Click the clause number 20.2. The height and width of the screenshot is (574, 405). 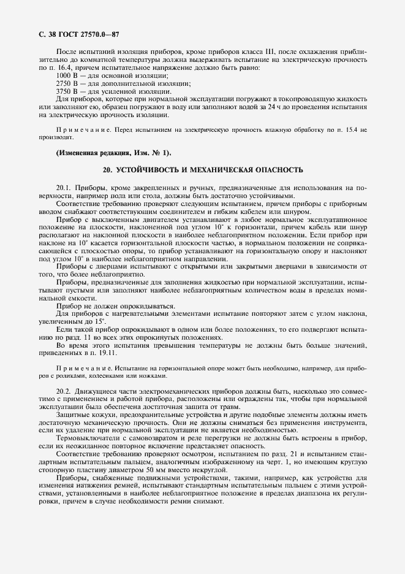pyautogui.click(x=64, y=391)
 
